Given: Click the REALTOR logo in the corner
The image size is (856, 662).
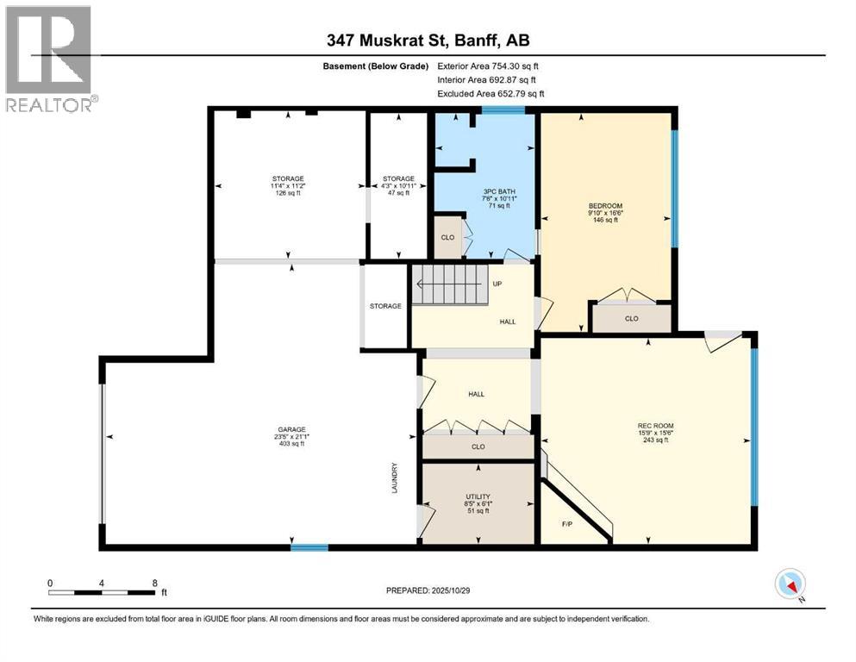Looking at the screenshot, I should tap(50, 58).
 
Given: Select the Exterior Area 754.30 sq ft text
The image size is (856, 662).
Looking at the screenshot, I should tap(491, 66).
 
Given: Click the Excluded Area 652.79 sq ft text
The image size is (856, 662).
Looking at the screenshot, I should tap(491, 93).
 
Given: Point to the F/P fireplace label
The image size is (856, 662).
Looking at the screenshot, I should tap(566, 523).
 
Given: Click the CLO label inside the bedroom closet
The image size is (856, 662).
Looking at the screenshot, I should tap(631, 318).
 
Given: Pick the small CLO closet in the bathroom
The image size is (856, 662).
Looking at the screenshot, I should tap(447, 238).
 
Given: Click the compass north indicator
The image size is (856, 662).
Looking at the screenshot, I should tap(790, 584).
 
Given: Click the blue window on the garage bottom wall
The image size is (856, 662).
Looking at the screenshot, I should tap(309, 546).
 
